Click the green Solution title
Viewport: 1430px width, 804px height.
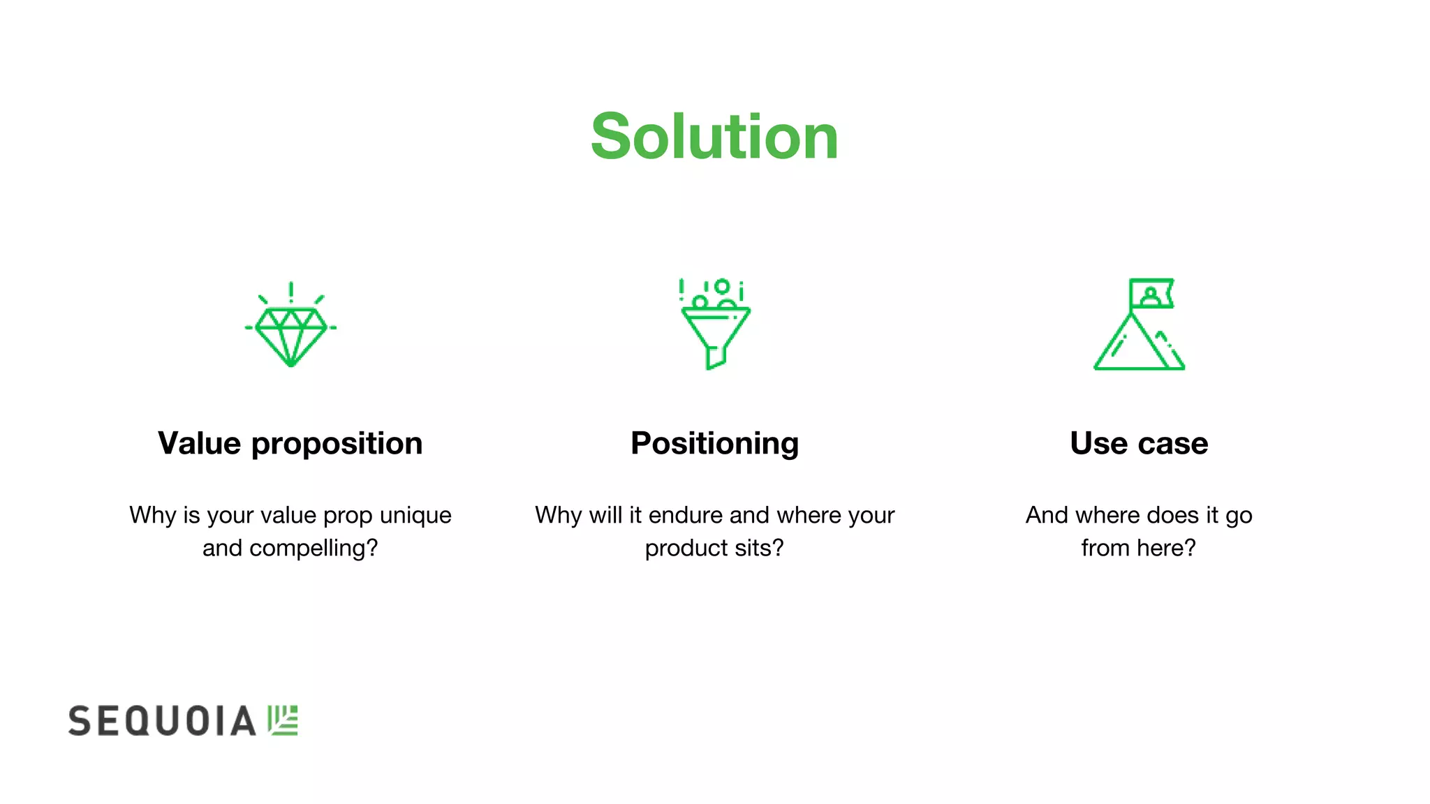[x=714, y=137]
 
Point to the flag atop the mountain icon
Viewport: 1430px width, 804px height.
[x=1151, y=294]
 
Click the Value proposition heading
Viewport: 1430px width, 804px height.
[x=290, y=443]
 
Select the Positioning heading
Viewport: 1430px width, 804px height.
[x=714, y=444]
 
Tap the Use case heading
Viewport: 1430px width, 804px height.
[x=1139, y=443]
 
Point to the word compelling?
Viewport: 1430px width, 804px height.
[x=314, y=549]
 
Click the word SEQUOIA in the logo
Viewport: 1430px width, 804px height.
[x=162, y=721]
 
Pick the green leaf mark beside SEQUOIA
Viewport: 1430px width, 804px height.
[x=283, y=720]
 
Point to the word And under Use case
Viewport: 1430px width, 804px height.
[x=1047, y=515]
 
